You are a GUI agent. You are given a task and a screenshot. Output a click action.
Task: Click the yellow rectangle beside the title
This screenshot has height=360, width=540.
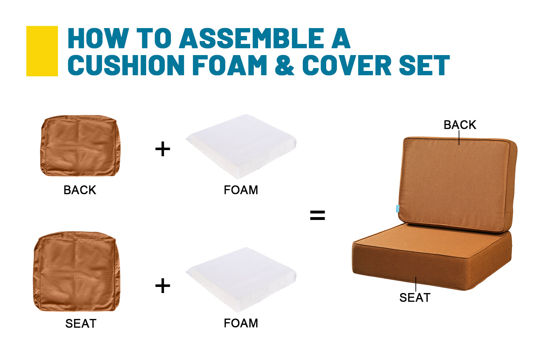click(x=42, y=51)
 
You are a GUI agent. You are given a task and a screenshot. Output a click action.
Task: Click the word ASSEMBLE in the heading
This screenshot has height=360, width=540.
click(x=252, y=38)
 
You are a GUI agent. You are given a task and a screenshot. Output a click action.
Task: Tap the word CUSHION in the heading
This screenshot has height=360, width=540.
click(x=126, y=65)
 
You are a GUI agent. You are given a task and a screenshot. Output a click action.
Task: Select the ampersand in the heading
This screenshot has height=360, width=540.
click(x=284, y=65)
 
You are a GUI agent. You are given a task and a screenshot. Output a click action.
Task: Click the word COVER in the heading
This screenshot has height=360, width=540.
click(x=347, y=65)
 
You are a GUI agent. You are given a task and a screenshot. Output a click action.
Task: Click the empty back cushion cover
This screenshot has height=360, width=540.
click(x=81, y=146)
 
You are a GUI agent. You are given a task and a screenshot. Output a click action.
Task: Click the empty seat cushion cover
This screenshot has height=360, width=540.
click(x=77, y=271)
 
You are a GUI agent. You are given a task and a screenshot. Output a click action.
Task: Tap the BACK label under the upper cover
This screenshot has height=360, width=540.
click(x=80, y=190)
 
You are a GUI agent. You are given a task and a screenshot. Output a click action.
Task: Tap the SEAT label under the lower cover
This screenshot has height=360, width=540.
click(x=81, y=324)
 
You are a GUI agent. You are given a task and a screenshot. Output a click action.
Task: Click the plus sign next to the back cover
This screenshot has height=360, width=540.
click(x=163, y=149)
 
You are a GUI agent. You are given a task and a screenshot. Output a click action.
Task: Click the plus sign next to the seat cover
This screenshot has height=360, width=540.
click(x=163, y=286)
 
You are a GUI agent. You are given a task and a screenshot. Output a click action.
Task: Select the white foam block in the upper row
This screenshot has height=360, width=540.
click(x=241, y=147)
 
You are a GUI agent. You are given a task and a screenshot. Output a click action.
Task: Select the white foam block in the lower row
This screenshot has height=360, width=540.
click(x=241, y=280)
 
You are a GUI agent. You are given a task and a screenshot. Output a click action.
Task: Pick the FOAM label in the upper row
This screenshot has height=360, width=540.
click(x=241, y=190)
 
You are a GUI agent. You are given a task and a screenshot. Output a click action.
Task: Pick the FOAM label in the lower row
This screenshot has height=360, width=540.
click(x=241, y=323)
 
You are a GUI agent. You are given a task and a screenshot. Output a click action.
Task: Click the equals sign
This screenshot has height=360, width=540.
click(x=318, y=215)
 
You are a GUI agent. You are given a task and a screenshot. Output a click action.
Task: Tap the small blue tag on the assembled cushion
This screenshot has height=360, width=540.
click(x=397, y=208)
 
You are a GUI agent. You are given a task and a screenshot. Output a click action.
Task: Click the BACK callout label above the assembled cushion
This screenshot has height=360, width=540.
click(x=460, y=125)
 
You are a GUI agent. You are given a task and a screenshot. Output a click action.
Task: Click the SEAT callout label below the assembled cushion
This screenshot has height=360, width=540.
click(x=415, y=298)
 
